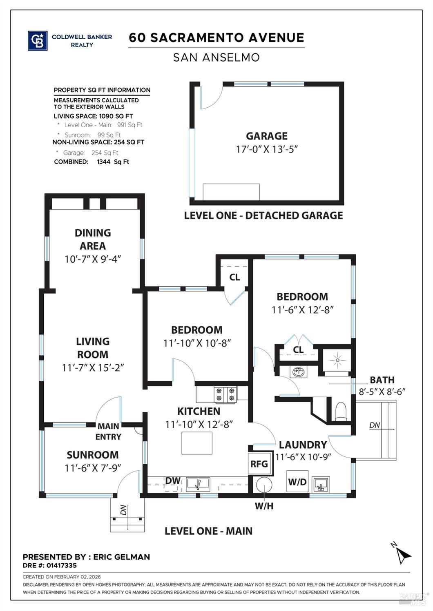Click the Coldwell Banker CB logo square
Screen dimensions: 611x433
[x=37, y=41]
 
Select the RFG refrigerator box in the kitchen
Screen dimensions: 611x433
[x=259, y=464]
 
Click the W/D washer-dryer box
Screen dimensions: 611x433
[x=297, y=482]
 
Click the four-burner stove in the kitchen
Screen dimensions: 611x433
[x=226, y=394]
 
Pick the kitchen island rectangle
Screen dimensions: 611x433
[x=197, y=443]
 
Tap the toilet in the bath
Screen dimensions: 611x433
[x=340, y=411]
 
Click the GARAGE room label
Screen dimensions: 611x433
[x=266, y=136]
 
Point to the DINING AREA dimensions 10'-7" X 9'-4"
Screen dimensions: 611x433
[x=93, y=259]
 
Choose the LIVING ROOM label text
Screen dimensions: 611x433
[x=93, y=348]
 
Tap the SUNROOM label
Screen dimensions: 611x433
[x=93, y=455]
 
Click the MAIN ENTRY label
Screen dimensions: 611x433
[x=108, y=432]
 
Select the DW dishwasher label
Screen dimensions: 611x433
[x=172, y=480]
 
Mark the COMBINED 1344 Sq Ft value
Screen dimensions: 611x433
[x=113, y=162]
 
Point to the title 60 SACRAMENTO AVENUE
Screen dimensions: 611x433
[x=216, y=38]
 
